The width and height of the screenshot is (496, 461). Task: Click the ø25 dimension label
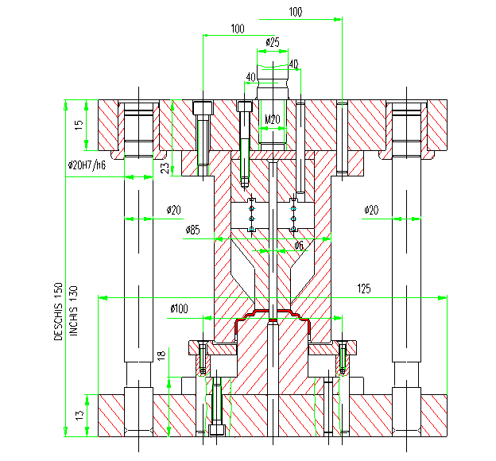click(273, 42)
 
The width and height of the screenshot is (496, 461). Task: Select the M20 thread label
click(273, 119)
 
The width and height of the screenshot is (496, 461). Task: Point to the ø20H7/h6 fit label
click(87, 165)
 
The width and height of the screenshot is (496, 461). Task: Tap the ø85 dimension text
click(192, 230)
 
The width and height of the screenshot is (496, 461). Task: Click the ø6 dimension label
click(299, 246)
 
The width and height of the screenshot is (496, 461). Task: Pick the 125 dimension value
click(364, 289)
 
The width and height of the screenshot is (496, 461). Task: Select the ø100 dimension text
click(179, 308)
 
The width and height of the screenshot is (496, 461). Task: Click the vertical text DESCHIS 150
click(59, 312)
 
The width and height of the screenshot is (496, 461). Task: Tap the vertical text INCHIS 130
click(73, 311)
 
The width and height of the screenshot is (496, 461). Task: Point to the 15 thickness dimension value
click(79, 125)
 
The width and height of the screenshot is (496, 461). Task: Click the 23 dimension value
click(165, 169)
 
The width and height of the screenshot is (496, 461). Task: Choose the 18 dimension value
click(161, 355)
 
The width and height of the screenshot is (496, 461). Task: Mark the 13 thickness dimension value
click(79, 415)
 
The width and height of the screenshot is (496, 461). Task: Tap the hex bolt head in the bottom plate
click(217, 429)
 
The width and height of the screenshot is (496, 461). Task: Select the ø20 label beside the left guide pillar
click(173, 210)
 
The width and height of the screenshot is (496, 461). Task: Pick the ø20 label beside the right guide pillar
click(371, 210)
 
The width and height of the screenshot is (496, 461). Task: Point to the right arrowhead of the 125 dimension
click(443, 298)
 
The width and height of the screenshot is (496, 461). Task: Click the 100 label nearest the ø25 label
click(238, 29)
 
